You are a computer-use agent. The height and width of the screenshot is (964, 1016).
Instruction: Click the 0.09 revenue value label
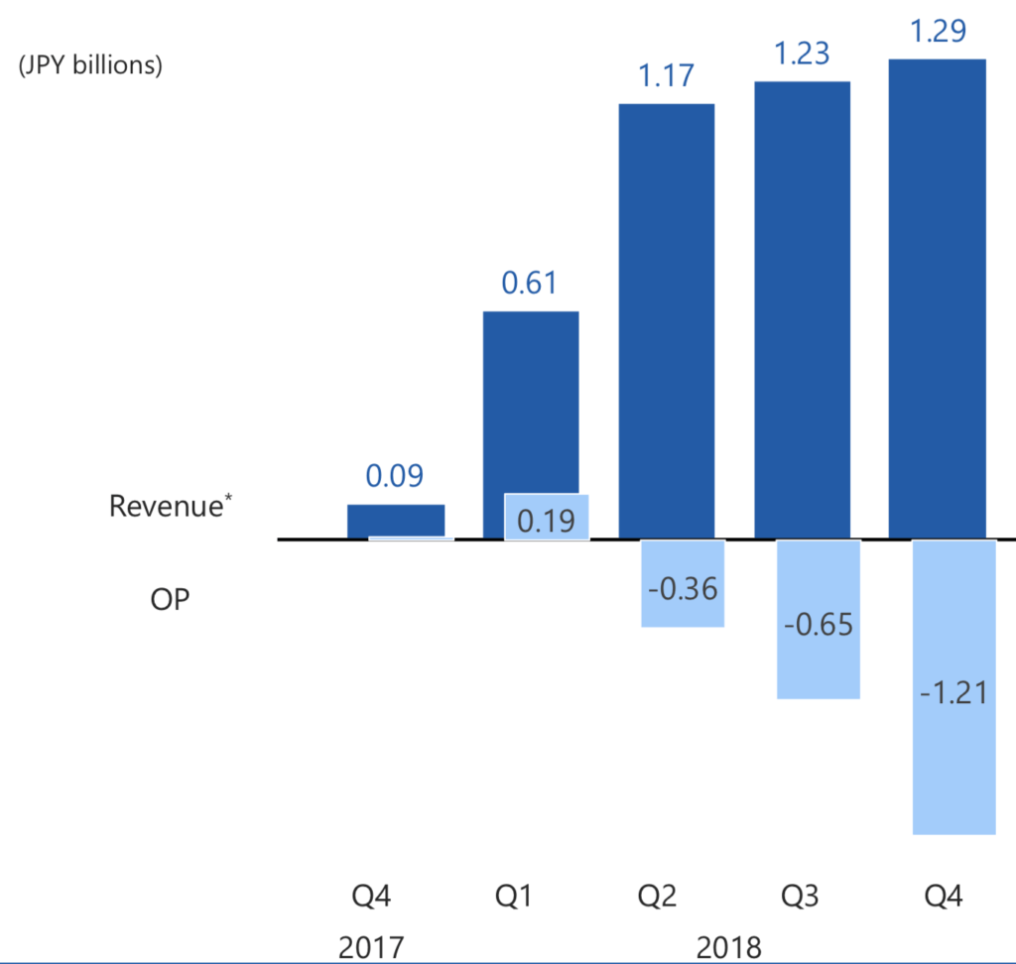[x=395, y=476]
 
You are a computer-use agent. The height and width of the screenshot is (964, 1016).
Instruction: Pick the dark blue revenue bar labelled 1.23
[x=803, y=308]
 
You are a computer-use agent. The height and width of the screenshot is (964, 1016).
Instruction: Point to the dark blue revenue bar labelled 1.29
[x=938, y=298]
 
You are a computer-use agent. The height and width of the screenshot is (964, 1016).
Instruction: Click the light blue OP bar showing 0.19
[x=547, y=517]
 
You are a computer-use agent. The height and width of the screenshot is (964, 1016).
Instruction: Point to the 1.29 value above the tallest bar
[x=938, y=31]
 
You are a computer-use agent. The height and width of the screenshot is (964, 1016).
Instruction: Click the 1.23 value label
[x=802, y=53]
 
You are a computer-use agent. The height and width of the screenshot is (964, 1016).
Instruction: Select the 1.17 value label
[x=666, y=75]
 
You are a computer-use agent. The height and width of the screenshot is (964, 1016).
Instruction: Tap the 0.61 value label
[x=530, y=284]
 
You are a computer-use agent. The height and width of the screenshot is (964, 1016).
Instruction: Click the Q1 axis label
[x=514, y=898]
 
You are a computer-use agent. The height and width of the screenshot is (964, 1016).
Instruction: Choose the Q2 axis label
[x=657, y=898]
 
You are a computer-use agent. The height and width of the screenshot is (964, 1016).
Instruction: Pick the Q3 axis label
[x=800, y=898]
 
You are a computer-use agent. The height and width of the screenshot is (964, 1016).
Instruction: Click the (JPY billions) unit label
[x=90, y=66]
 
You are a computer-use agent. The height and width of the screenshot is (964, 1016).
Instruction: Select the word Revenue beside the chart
[x=164, y=506]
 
